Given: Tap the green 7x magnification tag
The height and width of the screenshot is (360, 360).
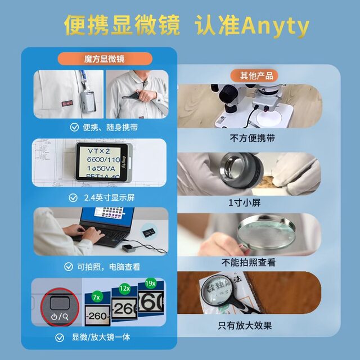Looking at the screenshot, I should click(96, 296).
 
